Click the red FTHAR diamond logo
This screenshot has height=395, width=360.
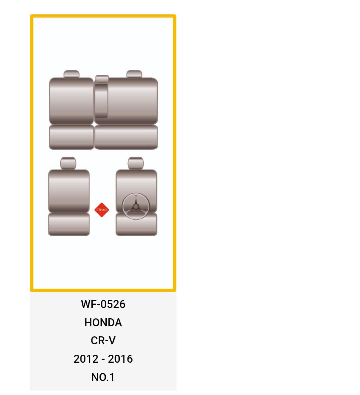pyautogui.click(x=101, y=210)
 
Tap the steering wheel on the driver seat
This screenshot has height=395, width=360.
pyautogui.click(x=136, y=206)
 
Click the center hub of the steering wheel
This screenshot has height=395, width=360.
pyautogui.click(x=136, y=207)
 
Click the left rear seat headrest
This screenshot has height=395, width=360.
pyautogui.click(x=71, y=74)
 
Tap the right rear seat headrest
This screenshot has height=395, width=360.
pyautogui.click(x=134, y=74)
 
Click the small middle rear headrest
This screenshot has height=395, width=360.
pyautogui.click(x=102, y=79)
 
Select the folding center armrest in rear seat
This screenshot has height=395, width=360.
pyautogui.click(x=101, y=101)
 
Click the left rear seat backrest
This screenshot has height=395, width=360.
pyautogui.click(x=71, y=101)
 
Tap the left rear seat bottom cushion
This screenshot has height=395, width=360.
pyautogui.click(x=71, y=137)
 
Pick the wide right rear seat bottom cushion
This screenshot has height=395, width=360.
pyautogui.click(x=126, y=137)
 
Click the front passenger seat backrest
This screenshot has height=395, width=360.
pyautogui.click(x=69, y=191)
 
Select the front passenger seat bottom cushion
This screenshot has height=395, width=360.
pyautogui.click(x=69, y=224)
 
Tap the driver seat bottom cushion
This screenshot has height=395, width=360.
pyautogui.click(x=136, y=227)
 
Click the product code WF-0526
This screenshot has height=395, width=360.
pyautogui.click(x=103, y=304)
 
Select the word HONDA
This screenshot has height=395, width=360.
pyautogui.click(x=103, y=322)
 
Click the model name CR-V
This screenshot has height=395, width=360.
pyautogui.click(x=103, y=341)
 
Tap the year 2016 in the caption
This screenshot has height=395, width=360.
pyautogui.click(x=120, y=359)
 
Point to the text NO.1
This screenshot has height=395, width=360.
pyautogui.click(x=103, y=377)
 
